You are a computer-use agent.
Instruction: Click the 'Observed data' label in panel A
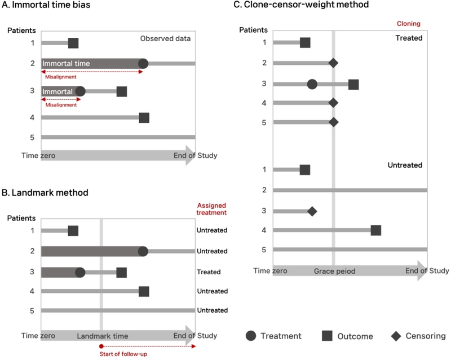pos(165,38)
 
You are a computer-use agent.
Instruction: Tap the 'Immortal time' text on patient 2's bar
pos(66,63)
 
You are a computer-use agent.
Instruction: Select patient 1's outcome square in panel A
pos(73,43)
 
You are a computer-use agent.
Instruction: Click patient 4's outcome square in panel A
pos(144,118)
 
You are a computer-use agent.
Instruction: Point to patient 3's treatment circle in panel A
pos(81,91)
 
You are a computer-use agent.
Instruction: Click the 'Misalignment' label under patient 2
pos(61,77)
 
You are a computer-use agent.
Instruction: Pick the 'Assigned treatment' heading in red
pos(211,209)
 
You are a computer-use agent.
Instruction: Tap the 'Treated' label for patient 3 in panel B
pos(209,272)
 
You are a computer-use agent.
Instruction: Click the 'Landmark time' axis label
pos(103,336)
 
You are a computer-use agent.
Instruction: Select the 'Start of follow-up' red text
pos(123,354)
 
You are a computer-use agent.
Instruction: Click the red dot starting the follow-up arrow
pos(101,346)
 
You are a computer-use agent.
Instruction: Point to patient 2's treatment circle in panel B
pos(143,251)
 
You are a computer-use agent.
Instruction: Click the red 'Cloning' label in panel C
pos(408,24)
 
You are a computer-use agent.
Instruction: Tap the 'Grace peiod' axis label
pos(334,271)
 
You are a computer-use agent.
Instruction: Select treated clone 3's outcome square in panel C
pos(353,85)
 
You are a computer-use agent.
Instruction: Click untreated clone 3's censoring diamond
pos(312,212)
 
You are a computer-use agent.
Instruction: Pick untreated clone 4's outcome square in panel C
pos(376,230)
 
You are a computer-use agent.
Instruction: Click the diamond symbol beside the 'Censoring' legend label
pos(396,336)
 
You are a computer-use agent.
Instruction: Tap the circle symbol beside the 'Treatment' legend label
pos(251,336)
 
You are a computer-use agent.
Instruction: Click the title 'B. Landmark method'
pos(45,192)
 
